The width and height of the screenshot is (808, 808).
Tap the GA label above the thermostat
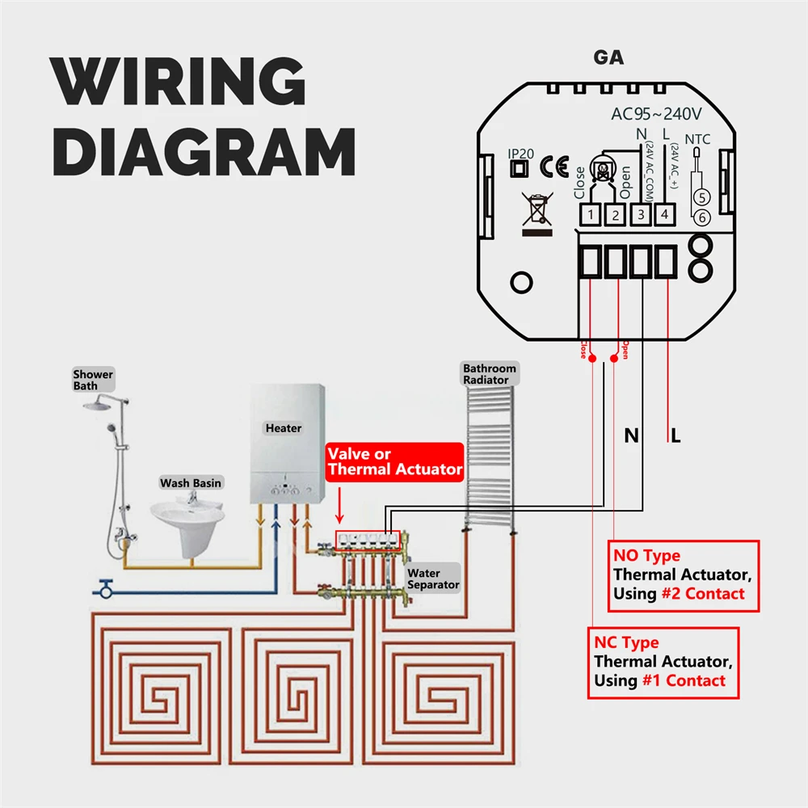click(x=608, y=58)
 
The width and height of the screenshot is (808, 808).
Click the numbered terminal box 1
click(x=591, y=215)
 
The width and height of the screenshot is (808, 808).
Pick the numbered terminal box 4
click(x=664, y=215)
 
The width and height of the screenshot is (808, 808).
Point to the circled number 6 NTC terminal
click(x=702, y=217)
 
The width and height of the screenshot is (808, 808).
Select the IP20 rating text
click(x=520, y=153)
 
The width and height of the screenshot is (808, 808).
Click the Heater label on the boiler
click(x=283, y=427)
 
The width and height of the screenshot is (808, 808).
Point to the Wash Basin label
click(x=191, y=483)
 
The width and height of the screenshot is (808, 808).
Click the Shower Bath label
click(x=93, y=380)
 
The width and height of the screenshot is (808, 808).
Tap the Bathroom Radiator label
click(x=489, y=374)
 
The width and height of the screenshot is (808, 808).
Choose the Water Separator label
click(x=433, y=579)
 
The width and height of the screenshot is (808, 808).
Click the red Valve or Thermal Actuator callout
click(x=394, y=461)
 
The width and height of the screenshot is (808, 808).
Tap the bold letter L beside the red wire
click(x=676, y=436)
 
